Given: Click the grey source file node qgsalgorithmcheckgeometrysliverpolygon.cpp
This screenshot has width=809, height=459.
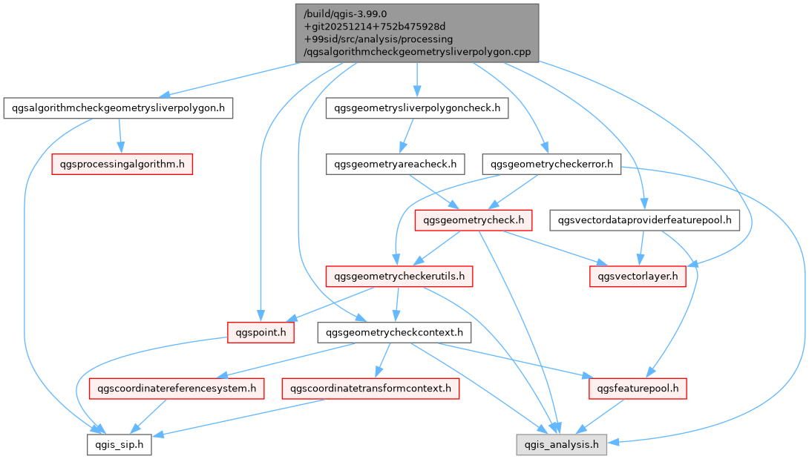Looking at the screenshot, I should coord(416,33).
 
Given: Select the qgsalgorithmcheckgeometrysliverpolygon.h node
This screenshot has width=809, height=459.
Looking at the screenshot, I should coord(119,108).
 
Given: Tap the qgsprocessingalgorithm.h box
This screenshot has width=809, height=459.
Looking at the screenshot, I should coord(122,164).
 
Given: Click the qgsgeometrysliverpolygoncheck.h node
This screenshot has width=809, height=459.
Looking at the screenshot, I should coord(417,108).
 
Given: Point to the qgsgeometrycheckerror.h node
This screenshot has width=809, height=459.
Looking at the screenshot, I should coord(551,164).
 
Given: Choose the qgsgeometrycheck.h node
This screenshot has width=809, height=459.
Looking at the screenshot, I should coord(474,219).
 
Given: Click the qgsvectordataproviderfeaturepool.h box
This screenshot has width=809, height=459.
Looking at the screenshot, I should coord(645,219).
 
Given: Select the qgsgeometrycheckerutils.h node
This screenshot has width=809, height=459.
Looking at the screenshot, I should coord(399,277).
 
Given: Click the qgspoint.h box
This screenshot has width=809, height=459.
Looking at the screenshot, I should coord(261,332).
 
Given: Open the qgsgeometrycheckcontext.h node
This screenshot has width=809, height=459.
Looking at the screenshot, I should coord(394,332).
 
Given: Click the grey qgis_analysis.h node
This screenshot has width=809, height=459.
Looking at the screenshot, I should coord(562,444).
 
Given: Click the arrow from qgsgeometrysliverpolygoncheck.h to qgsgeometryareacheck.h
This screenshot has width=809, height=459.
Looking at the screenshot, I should coord(405,136).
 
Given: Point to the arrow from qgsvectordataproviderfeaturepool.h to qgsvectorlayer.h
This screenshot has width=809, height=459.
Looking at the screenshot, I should coord(642,248).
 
